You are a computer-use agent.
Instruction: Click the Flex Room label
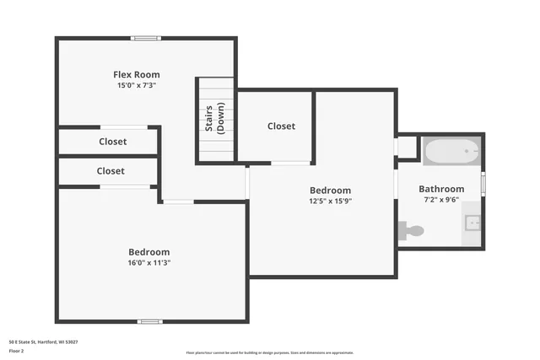[x=136, y=74]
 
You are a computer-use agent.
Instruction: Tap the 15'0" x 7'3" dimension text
[x=136, y=85]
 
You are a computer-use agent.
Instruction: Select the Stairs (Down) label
[x=214, y=120]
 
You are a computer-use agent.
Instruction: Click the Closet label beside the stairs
[x=281, y=126]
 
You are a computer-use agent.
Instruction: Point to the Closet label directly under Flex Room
[x=112, y=142]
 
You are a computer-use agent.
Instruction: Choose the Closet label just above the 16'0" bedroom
[x=111, y=170]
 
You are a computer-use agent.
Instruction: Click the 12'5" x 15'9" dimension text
[x=329, y=201]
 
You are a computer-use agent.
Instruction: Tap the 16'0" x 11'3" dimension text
[x=148, y=262]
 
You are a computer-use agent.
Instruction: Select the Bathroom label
[x=441, y=189]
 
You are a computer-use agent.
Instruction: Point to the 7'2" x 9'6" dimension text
[x=441, y=200]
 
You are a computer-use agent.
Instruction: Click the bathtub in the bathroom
[x=451, y=152]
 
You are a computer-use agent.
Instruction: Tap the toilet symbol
[x=411, y=229]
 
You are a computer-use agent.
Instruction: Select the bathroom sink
[x=472, y=223]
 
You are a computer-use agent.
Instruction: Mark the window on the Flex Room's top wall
[x=146, y=38]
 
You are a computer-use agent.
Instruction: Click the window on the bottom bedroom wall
[x=150, y=321]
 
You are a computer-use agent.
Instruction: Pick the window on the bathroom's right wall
[x=483, y=183]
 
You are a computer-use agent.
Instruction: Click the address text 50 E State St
[x=43, y=341]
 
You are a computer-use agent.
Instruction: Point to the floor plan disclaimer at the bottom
[x=270, y=352]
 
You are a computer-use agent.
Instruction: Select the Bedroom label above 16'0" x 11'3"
[x=148, y=251]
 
